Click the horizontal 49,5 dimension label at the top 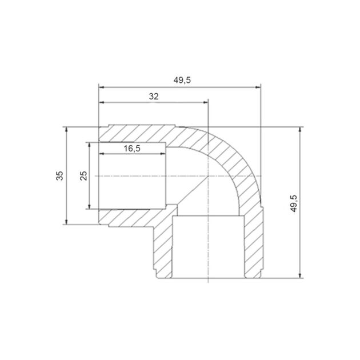[x=182, y=80]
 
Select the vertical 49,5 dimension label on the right [x=294, y=203]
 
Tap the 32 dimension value [x=154, y=97]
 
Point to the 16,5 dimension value [x=132, y=149]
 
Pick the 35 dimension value [x=59, y=175]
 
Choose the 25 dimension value [x=84, y=175]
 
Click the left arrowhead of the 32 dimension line [x=102, y=102]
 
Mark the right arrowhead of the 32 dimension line [x=205, y=102]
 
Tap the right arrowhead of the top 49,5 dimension [x=258, y=87]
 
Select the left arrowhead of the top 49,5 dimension [x=102, y=87]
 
